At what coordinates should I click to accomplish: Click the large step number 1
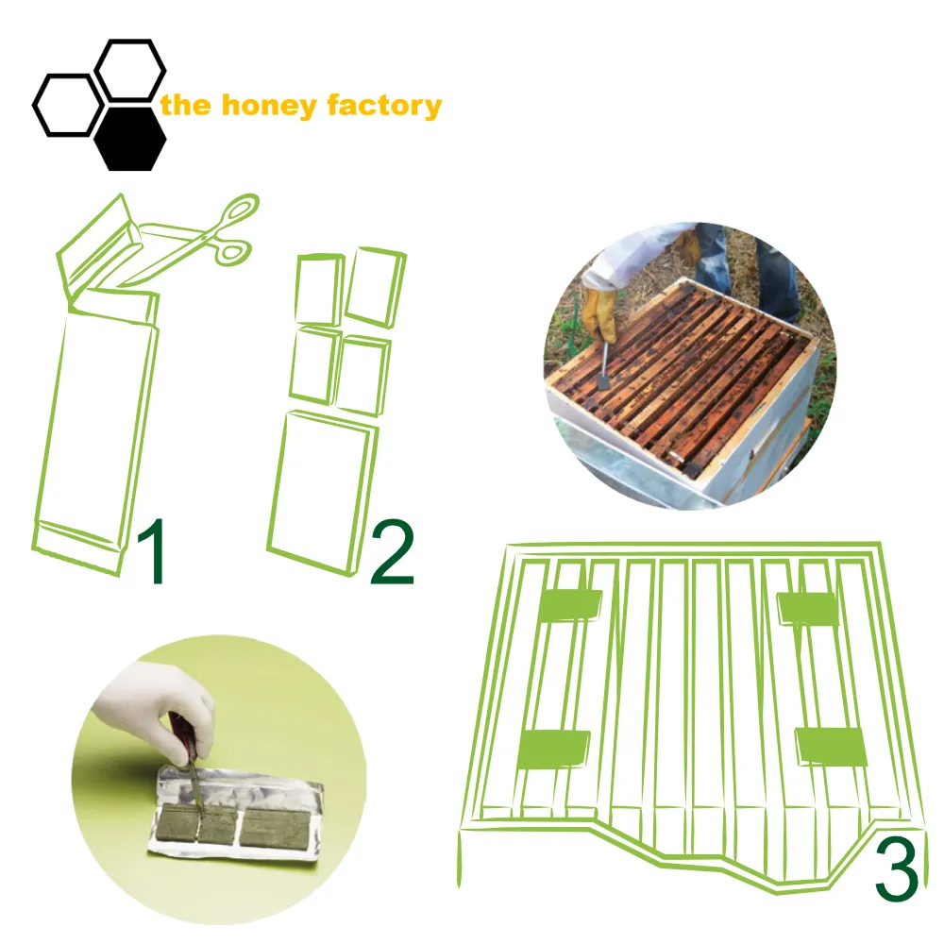152,550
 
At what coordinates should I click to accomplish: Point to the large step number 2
392,552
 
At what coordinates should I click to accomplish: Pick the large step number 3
897,869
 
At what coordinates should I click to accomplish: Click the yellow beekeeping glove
600,314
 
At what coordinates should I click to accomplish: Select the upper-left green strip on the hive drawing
569,604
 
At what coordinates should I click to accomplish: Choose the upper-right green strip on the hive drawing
807,608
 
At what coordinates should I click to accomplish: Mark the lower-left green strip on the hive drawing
553,749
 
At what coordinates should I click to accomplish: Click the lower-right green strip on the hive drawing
832,747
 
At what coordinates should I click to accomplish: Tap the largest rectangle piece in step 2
323,493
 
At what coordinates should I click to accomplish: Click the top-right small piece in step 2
376,287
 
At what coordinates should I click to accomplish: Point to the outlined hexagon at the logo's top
130,69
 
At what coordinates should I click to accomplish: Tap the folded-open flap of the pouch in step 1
99,246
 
